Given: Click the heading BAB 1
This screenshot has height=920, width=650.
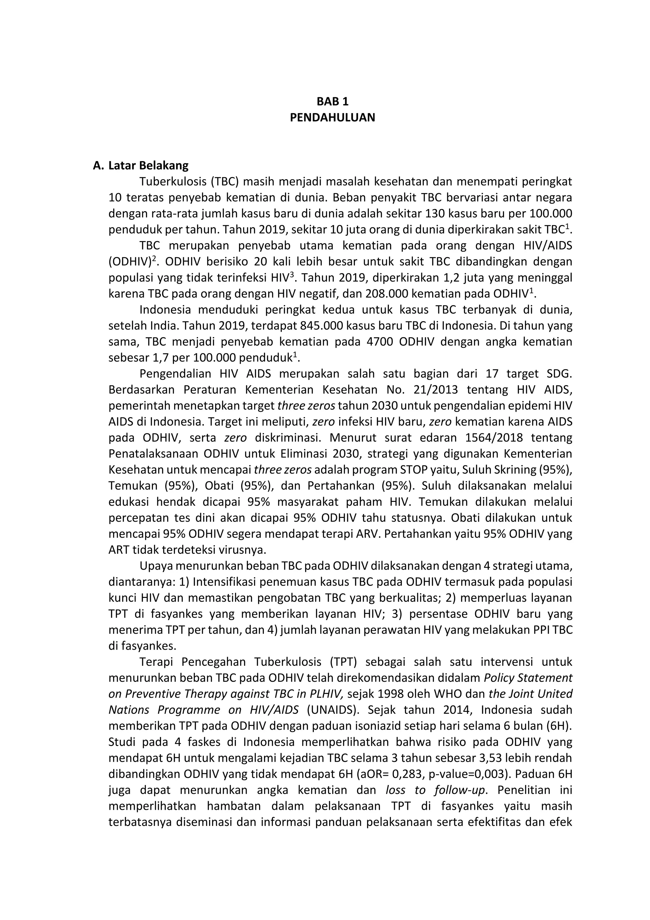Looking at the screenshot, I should click(332, 101).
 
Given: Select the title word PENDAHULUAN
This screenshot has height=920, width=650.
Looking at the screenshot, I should click(332, 118).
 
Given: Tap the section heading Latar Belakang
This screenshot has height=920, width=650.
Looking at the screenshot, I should click(149, 166).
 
